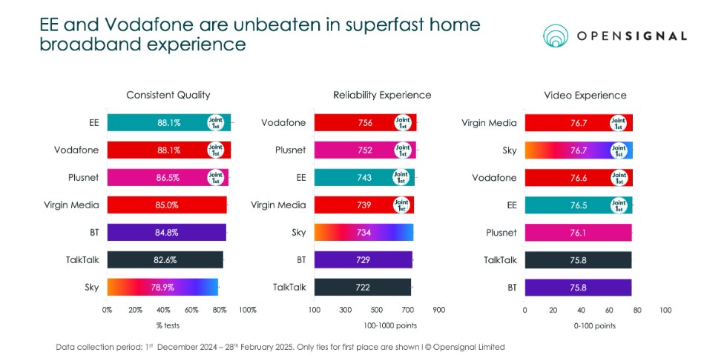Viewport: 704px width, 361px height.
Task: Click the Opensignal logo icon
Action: [559, 35]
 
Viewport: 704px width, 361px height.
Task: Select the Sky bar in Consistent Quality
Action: [162, 286]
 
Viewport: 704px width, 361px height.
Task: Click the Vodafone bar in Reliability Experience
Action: [365, 123]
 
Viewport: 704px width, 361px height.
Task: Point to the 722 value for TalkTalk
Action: [363, 286]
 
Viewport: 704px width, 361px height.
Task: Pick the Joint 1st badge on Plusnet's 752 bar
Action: [402, 150]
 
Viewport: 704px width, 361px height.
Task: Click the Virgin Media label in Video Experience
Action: [489, 123]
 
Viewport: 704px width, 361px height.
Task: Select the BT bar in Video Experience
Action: [578, 286]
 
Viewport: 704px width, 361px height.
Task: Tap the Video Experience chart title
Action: [585, 95]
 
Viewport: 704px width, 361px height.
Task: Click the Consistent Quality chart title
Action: [168, 95]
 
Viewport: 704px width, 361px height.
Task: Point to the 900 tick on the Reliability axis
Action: [438, 309]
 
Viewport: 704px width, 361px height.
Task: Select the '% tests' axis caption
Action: [168, 325]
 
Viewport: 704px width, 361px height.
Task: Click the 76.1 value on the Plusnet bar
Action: [578, 232]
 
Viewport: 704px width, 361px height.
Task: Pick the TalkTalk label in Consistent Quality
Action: [81, 259]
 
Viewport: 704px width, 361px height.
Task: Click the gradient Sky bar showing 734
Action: [363, 232]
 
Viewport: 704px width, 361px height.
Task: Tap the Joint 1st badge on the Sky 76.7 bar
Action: [616, 150]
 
